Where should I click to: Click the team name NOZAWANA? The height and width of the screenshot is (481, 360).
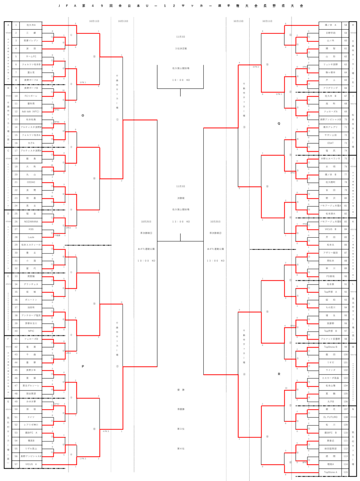coord(31,221)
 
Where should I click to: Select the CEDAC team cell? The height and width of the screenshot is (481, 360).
coord(31,182)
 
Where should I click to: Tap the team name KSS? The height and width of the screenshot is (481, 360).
coord(31,229)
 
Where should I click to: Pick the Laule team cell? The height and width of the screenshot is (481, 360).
coord(31,237)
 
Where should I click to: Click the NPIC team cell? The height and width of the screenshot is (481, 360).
coord(31,331)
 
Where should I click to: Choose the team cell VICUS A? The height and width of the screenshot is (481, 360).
coord(31,464)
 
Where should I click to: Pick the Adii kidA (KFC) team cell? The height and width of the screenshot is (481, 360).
coord(31,111)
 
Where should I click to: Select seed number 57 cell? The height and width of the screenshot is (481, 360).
coord(16,464)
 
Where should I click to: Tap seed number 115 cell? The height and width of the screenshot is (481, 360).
coord(345,472)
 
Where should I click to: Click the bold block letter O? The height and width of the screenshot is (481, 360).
coord(83,115)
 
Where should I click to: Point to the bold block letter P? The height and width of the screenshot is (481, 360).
coord(83,366)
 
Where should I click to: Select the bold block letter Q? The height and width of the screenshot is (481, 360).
coord(279,123)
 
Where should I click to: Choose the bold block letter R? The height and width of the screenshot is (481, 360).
coord(279,374)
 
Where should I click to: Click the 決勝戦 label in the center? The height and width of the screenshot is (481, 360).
coord(181,198)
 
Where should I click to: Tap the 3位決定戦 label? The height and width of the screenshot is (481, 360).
coord(181,48)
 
